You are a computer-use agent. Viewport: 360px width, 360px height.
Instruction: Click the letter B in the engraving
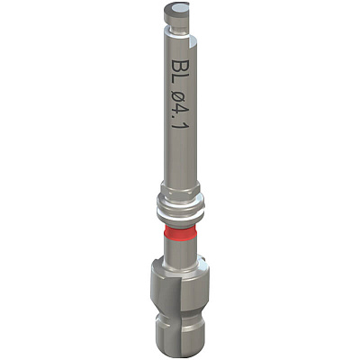(x=177, y=64)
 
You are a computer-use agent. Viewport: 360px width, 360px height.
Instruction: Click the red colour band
(x=180, y=231)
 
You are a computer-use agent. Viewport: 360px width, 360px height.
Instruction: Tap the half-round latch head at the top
(x=176, y=12)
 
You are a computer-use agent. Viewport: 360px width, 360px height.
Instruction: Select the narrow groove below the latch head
(x=177, y=27)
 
